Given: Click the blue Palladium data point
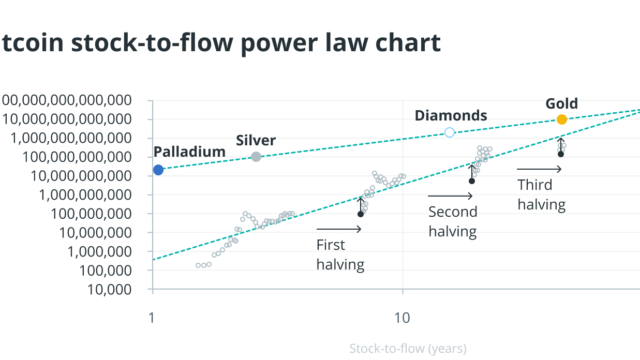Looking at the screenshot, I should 158,170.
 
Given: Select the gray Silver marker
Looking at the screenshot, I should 256,157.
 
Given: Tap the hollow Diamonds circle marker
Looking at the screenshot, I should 449,132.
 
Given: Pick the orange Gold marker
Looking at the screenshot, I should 562,120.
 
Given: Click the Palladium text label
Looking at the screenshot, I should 189,152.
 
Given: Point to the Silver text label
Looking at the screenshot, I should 256,140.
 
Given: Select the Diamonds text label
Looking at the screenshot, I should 451,115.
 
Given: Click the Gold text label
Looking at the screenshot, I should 561,103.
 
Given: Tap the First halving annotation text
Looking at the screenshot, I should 340,255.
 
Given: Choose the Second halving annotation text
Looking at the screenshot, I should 452,221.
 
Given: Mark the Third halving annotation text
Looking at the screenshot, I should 542,194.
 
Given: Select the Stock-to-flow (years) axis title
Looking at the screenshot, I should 408,349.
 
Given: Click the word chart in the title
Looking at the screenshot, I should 405,43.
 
